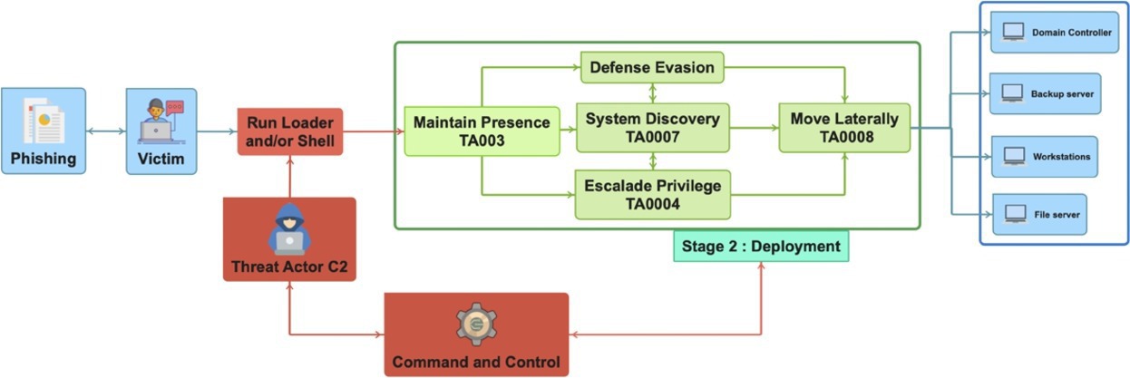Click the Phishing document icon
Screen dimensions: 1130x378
[x=44, y=121]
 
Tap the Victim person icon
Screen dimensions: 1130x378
[x=161, y=121]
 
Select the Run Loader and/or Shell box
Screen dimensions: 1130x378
[x=290, y=131]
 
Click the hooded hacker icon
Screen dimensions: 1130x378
[x=289, y=229]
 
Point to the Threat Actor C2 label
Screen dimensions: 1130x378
[x=289, y=267]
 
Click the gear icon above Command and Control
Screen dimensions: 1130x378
[x=476, y=324]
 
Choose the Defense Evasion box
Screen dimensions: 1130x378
[x=652, y=68]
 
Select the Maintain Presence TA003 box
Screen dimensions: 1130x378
[x=482, y=131]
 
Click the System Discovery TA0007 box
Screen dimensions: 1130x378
[x=653, y=128]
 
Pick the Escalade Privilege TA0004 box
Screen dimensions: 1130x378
[x=653, y=195]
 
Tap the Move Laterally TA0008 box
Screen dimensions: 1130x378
[x=844, y=128]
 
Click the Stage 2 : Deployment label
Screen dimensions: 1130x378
[x=761, y=247]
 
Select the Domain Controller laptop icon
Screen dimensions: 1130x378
[x=1013, y=33]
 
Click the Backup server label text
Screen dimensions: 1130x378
[x=1062, y=94]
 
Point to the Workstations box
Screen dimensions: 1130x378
[x=1044, y=157]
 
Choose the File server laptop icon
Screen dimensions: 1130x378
[x=1015, y=214]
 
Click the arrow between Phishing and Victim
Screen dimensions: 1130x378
[x=106, y=131]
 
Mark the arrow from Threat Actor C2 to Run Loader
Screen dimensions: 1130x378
[x=290, y=177]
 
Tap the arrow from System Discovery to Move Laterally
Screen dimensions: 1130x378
[x=755, y=128]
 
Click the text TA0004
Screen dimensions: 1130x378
[x=653, y=204]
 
